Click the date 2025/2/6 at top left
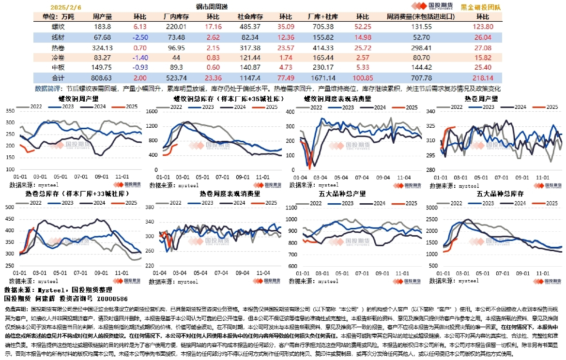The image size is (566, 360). pos(65,7)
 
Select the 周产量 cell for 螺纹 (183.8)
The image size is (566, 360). pos(102,27)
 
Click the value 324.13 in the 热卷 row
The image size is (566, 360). pos(102,47)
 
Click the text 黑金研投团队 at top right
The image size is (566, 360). pos(481,7)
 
